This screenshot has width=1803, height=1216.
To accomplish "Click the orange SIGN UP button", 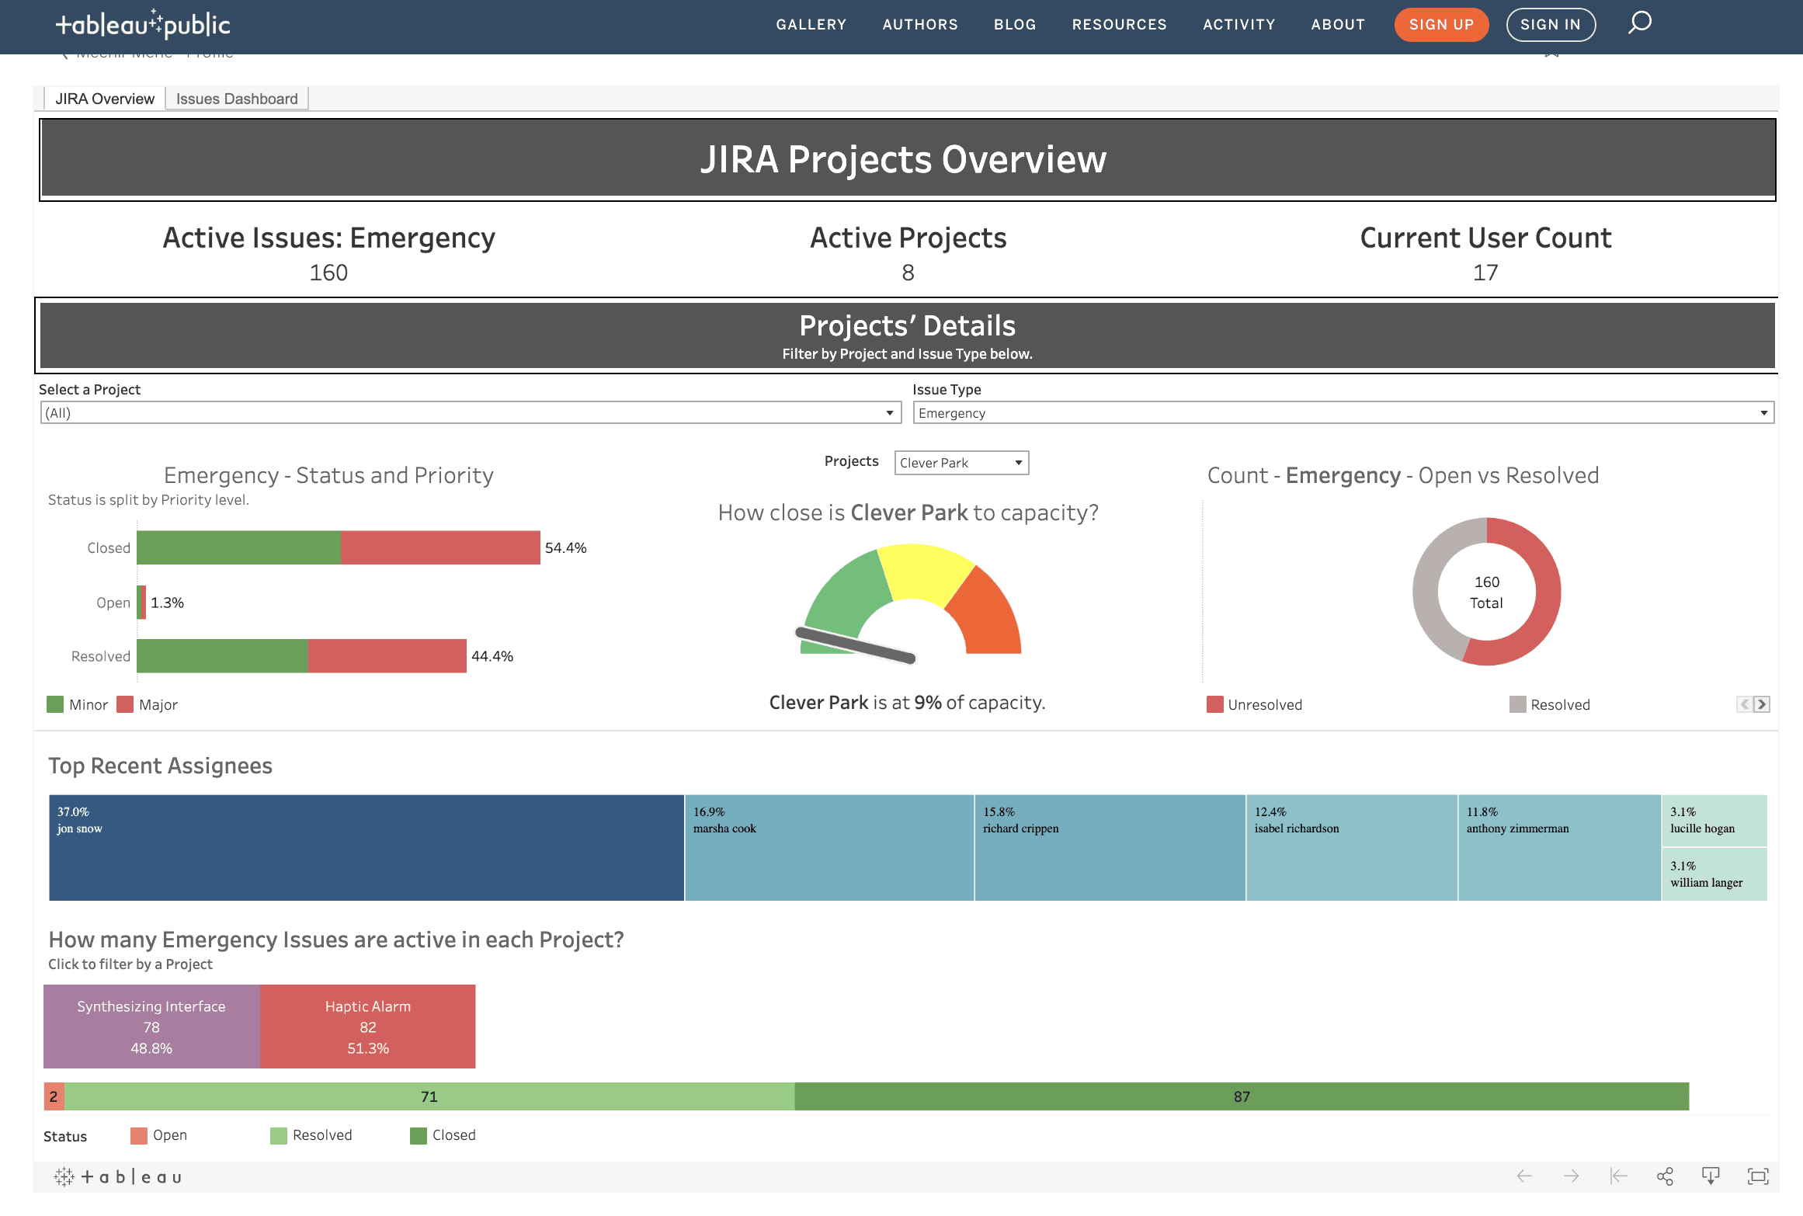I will point(1440,25).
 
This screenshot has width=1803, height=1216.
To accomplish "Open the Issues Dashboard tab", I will point(237,99).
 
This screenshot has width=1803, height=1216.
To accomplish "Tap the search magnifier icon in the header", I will point(1639,23).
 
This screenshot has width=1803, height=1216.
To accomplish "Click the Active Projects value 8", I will point(908,273).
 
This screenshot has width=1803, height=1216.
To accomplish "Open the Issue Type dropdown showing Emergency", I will point(1343,413).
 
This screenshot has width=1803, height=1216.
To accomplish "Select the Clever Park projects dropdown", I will point(961,463).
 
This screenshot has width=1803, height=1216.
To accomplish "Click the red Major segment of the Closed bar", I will point(440,547).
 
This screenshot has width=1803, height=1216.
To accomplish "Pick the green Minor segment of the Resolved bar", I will point(222,656).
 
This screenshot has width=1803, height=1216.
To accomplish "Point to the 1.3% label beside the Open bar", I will point(167,603).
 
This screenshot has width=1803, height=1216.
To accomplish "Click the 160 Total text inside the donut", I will point(1486,592).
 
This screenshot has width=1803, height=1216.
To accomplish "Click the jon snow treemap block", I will point(366,847).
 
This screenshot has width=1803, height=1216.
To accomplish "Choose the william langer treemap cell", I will point(1714,875).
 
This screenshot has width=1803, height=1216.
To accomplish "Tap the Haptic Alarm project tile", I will point(367,1027).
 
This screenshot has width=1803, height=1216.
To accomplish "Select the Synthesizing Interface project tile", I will point(151,1027).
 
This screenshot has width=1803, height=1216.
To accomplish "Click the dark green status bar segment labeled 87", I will point(1241,1096).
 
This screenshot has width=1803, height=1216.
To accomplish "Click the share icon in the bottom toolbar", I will point(1664,1176).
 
